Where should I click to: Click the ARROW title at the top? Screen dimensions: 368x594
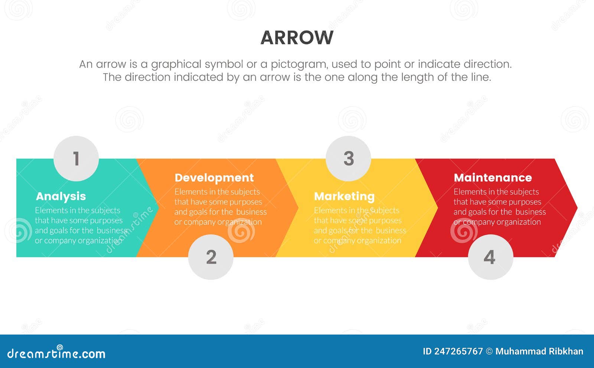(297, 38)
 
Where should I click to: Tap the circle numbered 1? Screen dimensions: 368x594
(76, 159)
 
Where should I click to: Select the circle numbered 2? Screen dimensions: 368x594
(211, 257)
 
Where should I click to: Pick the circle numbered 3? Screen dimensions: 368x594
(348, 159)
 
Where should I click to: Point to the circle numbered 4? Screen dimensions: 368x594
(490, 257)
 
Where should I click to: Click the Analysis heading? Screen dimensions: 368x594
(61, 196)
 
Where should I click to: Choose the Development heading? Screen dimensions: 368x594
(214, 178)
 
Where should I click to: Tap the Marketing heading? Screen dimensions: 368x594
(344, 196)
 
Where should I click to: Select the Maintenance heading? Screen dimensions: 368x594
(493, 178)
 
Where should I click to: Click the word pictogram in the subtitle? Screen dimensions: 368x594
(299, 64)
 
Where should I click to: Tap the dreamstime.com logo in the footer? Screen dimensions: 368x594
(56, 353)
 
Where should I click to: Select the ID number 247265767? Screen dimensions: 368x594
(458, 351)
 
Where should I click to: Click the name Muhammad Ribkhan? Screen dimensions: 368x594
(539, 351)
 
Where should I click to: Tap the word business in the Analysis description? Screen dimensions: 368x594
(112, 230)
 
